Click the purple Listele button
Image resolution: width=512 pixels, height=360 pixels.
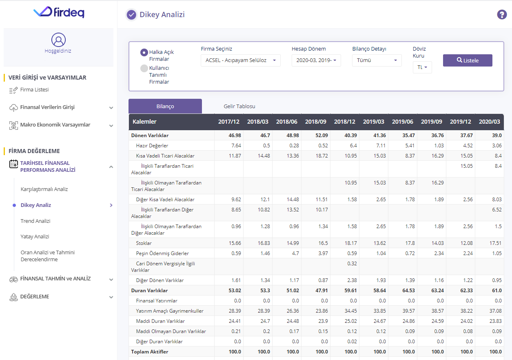pyautogui.click(x=468, y=60)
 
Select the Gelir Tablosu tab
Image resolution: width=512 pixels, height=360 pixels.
pyautogui.click(x=239, y=107)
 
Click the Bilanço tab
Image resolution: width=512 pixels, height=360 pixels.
pyautogui.click(x=165, y=107)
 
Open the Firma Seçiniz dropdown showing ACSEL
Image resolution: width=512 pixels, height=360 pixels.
pyautogui.click(x=240, y=60)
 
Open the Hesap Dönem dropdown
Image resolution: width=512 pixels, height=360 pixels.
pyautogui.click(x=316, y=60)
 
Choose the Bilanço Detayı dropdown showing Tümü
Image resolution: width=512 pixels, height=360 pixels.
pyautogui.click(x=377, y=60)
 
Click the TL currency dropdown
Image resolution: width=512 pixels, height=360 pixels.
pyautogui.click(x=422, y=67)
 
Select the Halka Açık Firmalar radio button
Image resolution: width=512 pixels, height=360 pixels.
pyautogui.click(x=144, y=53)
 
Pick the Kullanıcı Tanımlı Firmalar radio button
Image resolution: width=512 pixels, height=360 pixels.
pyautogui.click(x=144, y=69)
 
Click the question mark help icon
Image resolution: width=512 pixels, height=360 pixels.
pyautogui.click(x=502, y=15)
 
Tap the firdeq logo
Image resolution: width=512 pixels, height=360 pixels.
pyautogui.click(x=59, y=12)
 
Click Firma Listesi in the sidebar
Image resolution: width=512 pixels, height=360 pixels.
pyautogui.click(x=34, y=90)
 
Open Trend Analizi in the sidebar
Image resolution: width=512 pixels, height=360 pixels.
pyautogui.click(x=35, y=221)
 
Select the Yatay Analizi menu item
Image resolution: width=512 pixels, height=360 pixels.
pyautogui.click(x=35, y=236)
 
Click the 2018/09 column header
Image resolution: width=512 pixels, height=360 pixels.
pyautogui.click(x=315, y=122)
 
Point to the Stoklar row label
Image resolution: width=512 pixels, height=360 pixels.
pyautogui.click(x=144, y=243)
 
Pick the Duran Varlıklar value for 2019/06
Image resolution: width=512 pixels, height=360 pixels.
pyautogui.click(x=408, y=291)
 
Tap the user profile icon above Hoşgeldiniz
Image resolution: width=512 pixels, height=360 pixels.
pyautogui.click(x=58, y=40)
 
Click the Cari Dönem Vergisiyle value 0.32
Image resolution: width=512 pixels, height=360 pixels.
pyautogui.click(x=352, y=264)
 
